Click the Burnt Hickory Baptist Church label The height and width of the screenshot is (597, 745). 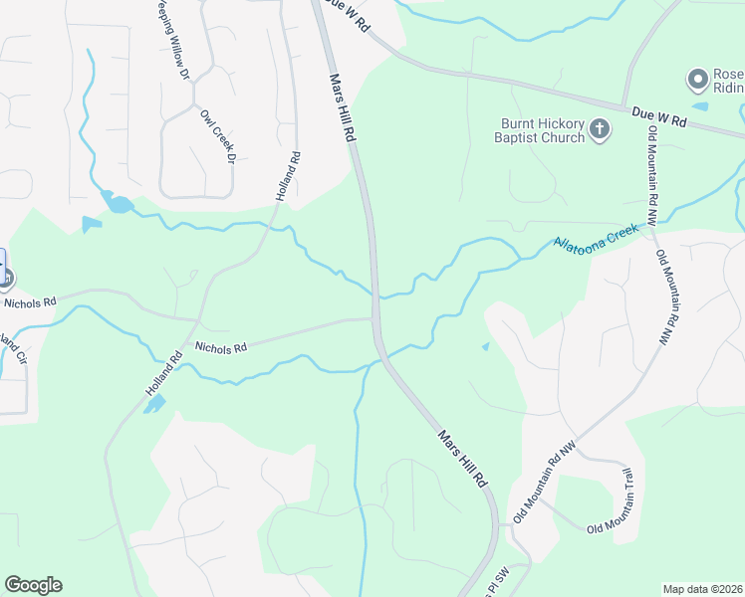click(x=542, y=130)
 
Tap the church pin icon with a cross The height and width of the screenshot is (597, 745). click(x=600, y=129)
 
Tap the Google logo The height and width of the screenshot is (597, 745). click(x=33, y=585)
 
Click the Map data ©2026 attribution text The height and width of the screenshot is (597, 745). click(x=702, y=589)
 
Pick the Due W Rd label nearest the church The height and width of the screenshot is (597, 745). click(x=659, y=118)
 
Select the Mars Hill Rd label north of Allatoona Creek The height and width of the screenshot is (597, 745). click(x=342, y=109)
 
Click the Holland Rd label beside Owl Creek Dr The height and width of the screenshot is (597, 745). click(x=288, y=176)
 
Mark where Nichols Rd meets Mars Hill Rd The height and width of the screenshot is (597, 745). click(x=373, y=320)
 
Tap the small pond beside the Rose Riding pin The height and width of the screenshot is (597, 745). click(x=700, y=105)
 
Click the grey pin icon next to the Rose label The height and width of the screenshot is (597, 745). click(x=697, y=78)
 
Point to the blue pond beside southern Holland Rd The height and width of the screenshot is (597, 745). click(x=155, y=404)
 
